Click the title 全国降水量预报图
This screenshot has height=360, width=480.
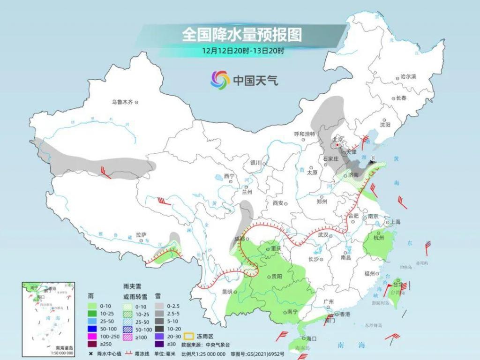click(241, 34)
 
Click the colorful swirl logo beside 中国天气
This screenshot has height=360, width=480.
click(219, 80)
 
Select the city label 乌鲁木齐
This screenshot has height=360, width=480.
click(122, 101)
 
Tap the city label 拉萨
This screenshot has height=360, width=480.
click(141, 234)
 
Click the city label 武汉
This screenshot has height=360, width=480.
click(323, 234)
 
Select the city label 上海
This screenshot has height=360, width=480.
click(395, 222)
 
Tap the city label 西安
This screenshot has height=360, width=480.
click(278, 203)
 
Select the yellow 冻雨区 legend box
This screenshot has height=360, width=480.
click(189, 336)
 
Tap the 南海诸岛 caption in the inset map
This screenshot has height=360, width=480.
click(64, 347)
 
